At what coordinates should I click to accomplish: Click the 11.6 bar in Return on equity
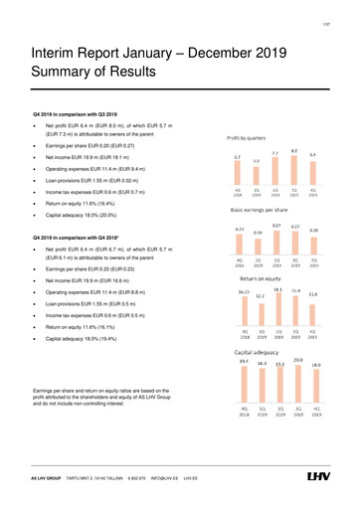click(313, 313)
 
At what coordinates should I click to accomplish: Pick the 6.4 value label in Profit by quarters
click(313, 154)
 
